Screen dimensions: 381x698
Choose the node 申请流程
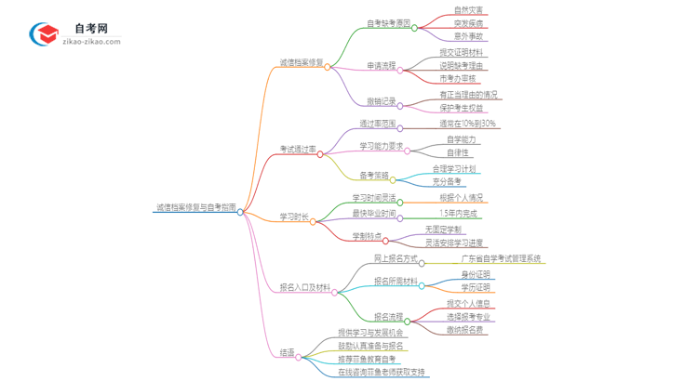(x=381, y=66)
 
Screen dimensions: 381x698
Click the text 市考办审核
(x=457, y=79)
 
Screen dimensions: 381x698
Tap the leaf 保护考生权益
(x=462, y=109)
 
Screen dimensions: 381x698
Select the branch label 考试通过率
(x=298, y=150)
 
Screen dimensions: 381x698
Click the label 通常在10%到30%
(x=468, y=124)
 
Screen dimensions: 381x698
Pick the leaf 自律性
(x=457, y=152)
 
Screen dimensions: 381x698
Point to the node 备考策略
(x=374, y=175)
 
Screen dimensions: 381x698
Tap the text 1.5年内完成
(x=459, y=213)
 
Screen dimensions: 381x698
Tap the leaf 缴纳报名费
(x=464, y=330)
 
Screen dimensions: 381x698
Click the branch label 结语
(x=288, y=353)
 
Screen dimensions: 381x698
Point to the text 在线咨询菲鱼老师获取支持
(x=382, y=373)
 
